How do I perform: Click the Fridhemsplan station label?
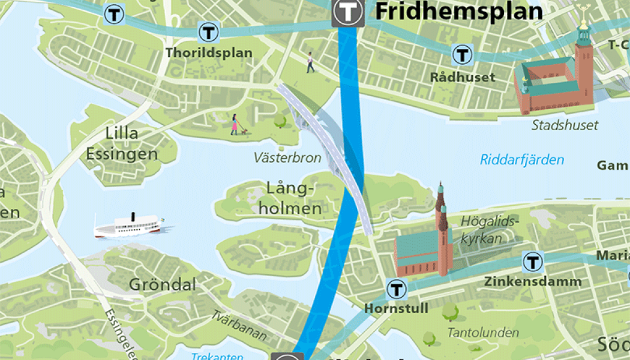tap(458, 11)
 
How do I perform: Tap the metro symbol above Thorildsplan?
tap(208, 31)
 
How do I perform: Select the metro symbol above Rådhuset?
tap(462, 55)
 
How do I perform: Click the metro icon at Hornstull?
tap(397, 289)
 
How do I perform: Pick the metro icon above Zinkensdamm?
tap(532, 262)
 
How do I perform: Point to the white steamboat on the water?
tap(130, 226)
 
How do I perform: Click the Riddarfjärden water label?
tap(522, 160)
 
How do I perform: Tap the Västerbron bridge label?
tap(287, 158)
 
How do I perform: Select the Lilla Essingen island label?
tap(122, 143)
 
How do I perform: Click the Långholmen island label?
tap(295, 199)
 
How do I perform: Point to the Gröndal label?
tap(163, 284)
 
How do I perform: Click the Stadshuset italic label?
tap(565, 125)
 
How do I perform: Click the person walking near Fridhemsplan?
tap(310, 62)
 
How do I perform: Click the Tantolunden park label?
tap(483, 332)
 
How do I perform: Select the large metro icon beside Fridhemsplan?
tap(348, 11)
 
